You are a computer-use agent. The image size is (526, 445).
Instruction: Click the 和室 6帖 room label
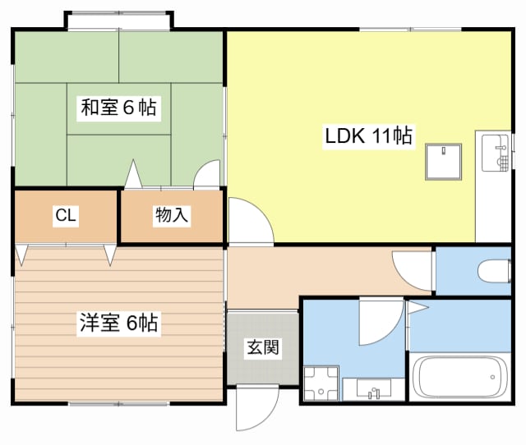[118, 108]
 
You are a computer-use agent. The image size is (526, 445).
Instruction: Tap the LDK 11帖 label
[369, 135]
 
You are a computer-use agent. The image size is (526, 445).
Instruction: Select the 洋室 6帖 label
[118, 323]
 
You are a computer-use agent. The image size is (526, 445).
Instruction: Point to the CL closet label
[66, 215]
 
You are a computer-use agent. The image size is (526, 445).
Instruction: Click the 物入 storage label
[172, 215]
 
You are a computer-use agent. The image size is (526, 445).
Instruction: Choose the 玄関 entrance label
[263, 347]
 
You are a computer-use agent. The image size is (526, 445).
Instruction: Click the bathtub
[460, 377]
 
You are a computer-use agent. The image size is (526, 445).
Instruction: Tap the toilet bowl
[495, 271]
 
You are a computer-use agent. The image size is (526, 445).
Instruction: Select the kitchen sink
[495, 153]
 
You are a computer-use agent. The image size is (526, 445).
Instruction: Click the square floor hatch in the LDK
[443, 163]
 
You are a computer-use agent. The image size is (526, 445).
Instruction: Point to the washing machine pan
[321, 383]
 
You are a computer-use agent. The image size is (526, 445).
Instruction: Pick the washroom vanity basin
[373, 389]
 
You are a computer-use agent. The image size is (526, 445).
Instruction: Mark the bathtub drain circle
[492, 377]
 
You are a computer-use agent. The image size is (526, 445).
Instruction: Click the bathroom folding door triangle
[418, 308]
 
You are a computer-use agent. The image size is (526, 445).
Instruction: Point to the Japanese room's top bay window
[118, 21]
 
